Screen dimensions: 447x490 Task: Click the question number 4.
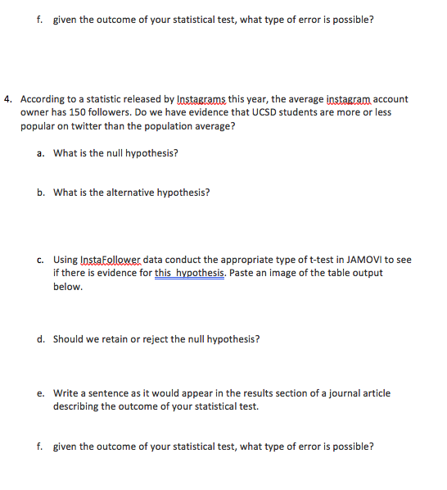[x=7, y=99]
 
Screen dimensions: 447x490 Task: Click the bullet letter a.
[x=40, y=153]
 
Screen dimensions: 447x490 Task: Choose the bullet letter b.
[x=40, y=193]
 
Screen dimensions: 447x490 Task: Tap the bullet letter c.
[x=40, y=260]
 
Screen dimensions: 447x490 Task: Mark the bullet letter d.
[x=40, y=338]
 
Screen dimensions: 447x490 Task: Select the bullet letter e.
[x=40, y=392]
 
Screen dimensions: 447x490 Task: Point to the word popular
[x=38, y=128]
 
